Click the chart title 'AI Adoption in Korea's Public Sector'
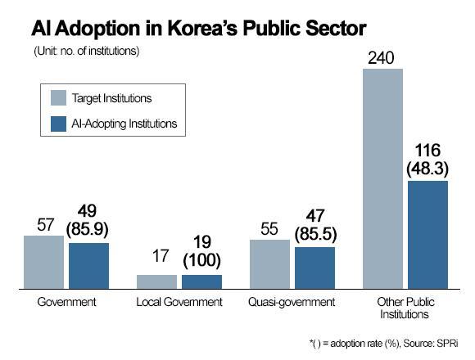pyautogui.click(x=198, y=29)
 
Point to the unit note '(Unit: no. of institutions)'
pyautogui.click(x=86, y=52)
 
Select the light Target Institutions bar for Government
pyautogui.click(x=43, y=262)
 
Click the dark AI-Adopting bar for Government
pyautogui.click(x=88, y=265)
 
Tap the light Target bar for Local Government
pyautogui.click(x=156, y=281)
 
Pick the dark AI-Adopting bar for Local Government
pyautogui.click(x=201, y=281)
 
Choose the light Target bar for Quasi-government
pyautogui.click(x=269, y=263)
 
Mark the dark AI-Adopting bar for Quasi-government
pyautogui.click(x=314, y=268)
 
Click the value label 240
pyautogui.click(x=382, y=59)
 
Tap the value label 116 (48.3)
pyautogui.click(x=427, y=160)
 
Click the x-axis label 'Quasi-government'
pyautogui.click(x=292, y=302)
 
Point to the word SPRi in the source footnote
pyautogui.click(x=447, y=342)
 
